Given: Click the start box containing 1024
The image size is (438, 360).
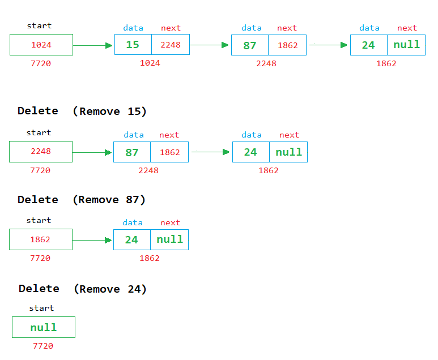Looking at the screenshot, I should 41,45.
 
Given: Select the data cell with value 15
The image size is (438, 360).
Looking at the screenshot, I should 133,45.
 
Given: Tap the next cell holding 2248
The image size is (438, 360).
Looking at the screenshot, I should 170,45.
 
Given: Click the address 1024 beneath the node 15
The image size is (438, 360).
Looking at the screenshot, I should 150,63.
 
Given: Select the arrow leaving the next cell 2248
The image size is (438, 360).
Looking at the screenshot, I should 210,45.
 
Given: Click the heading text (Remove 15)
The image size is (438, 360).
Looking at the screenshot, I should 110,112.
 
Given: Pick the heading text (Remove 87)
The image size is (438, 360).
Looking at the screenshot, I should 109,200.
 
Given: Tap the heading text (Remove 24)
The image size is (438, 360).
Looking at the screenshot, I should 110,289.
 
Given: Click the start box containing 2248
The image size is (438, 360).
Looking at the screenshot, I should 41,152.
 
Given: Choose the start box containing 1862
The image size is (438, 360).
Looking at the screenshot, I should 41,239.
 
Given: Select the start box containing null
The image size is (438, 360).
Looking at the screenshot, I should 44,327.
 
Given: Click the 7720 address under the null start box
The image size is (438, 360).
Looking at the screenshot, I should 43,346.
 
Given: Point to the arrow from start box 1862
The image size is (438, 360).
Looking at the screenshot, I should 92,240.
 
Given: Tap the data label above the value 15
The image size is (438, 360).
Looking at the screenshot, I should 133,28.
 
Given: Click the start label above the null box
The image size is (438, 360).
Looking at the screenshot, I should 41,308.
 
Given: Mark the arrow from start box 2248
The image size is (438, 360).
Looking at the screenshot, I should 92,152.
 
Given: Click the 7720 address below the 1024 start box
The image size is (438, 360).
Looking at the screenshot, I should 41,63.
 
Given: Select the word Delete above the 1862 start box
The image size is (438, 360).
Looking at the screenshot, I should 38,200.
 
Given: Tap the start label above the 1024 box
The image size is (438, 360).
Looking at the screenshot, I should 39,25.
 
